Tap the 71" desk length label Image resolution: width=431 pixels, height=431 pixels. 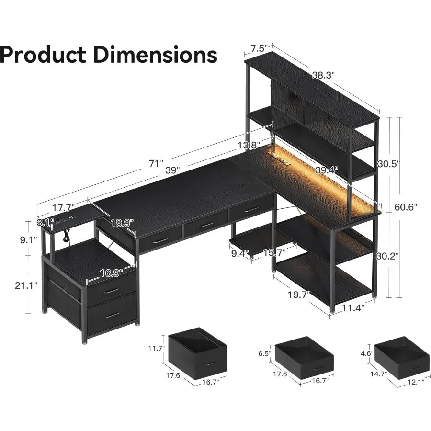coord(156,163)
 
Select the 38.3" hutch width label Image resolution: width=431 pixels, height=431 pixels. coord(324,75)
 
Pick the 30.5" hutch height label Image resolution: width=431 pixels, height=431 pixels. coord(388,164)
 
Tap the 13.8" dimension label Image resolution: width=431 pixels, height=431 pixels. coord(248,145)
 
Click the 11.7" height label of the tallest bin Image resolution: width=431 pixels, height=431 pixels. coord(157,348)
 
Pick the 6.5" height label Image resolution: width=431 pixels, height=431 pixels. coord(264,353)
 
